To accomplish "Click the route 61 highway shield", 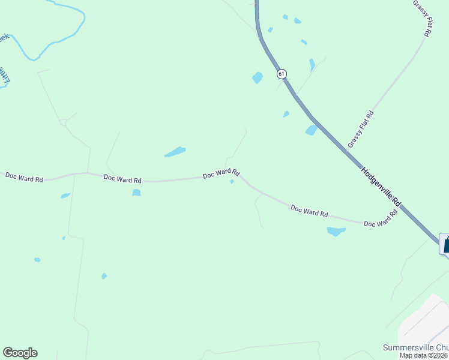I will point(282,74).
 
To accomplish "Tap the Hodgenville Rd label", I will point(380,188).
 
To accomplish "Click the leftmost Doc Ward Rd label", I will point(24,178).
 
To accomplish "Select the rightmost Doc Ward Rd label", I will point(381,220).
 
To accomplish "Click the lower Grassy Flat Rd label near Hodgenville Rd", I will point(361,129).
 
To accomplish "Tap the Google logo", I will point(20,353).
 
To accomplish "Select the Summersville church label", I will point(415,347).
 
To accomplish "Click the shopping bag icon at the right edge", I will point(445,245).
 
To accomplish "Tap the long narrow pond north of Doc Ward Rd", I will point(175,152).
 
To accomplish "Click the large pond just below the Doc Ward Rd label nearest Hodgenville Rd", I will point(336,231).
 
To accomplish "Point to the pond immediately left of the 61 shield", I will point(258,77).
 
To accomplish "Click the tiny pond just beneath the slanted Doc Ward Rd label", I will point(232,182).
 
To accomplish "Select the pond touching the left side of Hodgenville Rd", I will point(311,130).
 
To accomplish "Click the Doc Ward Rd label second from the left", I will point(122,179).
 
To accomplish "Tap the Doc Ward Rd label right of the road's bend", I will point(309,211).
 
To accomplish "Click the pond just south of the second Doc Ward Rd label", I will point(136,193).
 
